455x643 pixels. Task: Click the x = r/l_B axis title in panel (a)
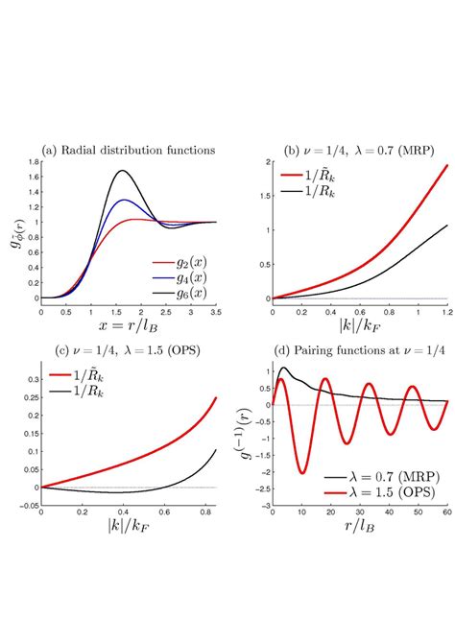[130, 327]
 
